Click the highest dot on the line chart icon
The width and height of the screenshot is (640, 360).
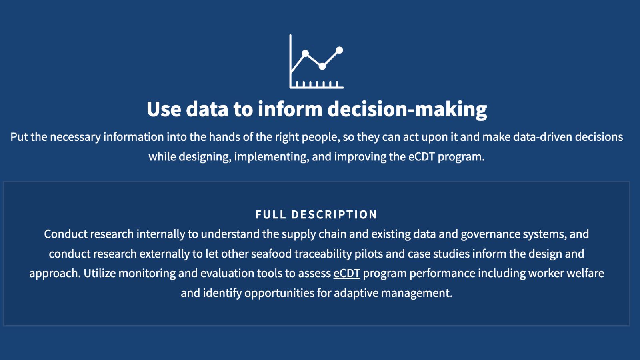pyautogui.click(x=340, y=50)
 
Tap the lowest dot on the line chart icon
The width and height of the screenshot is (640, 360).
pyautogui.click(x=322, y=66)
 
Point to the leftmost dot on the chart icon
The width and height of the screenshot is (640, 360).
pyautogui.click(x=305, y=53)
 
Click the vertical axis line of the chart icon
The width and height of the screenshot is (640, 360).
pyautogui.click(x=290, y=61)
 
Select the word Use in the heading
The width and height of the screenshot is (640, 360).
pyautogui.click(x=164, y=109)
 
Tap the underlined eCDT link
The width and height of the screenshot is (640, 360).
pyautogui.click(x=346, y=274)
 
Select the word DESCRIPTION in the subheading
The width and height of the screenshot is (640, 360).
pyautogui.click(x=334, y=214)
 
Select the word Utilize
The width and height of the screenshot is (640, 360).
pyautogui.click(x=100, y=274)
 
